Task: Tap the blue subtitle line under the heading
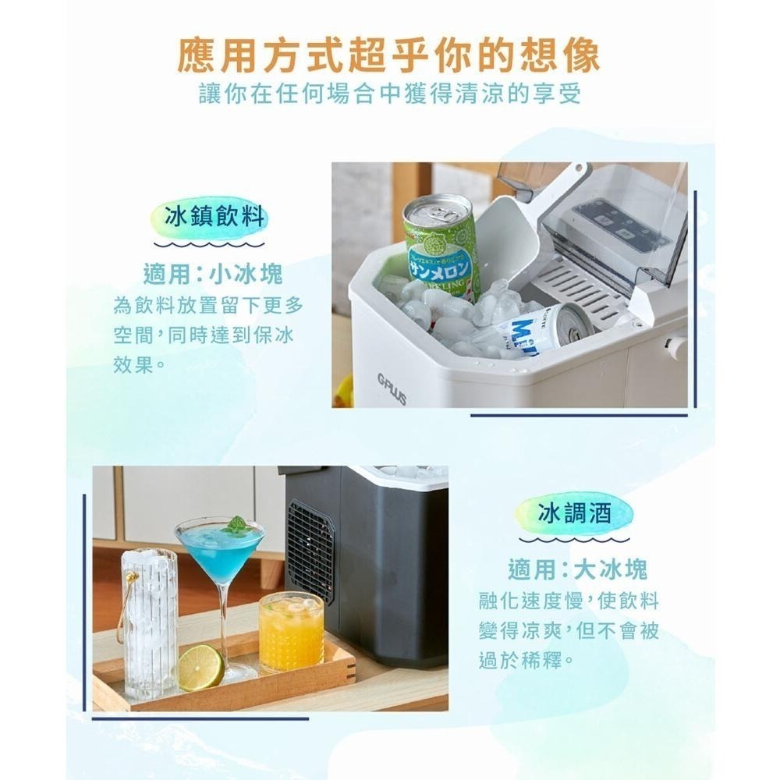390,95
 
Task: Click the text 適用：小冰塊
213,274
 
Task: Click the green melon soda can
441,246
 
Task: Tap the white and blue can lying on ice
542,328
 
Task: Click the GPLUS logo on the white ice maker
392,388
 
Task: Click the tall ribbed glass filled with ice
151,624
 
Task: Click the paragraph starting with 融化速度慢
569,631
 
